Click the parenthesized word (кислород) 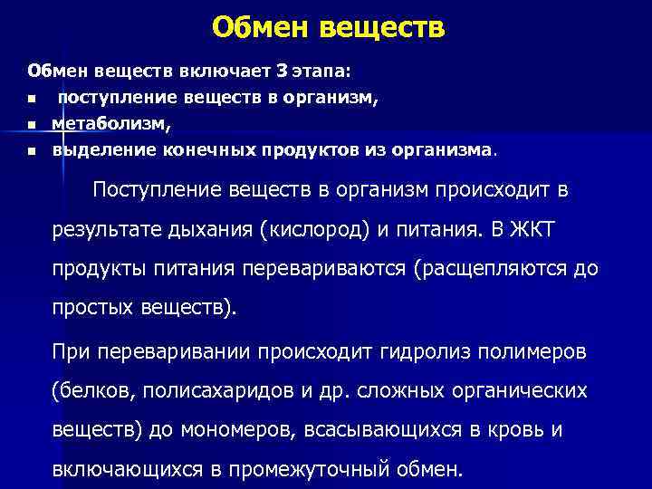point(314,231)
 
